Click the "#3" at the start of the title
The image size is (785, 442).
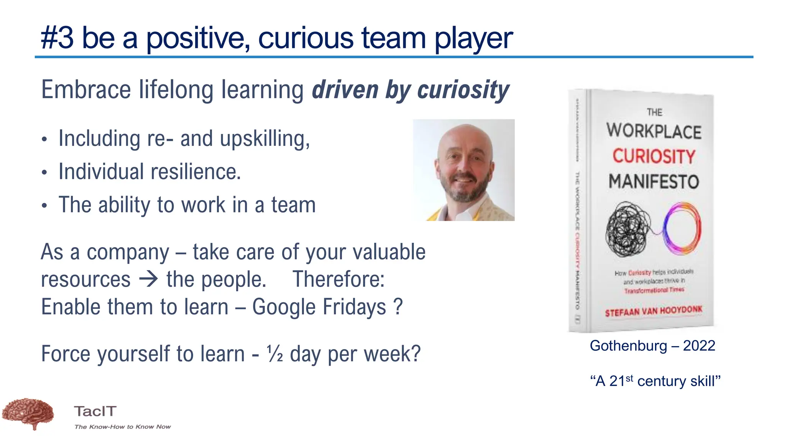(x=57, y=38)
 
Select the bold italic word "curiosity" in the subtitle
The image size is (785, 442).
(x=463, y=91)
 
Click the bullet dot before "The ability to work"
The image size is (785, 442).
(x=45, y=206)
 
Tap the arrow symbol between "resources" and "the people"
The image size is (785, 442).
(x=148, y=279)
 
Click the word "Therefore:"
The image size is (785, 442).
(x=338, y=279)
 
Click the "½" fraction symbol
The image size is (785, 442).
(x=275, y=353)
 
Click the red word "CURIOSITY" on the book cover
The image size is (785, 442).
(x=654, y=156)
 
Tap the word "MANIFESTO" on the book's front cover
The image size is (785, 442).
(x=654, y=181)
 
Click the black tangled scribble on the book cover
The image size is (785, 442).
(x=627, y=229)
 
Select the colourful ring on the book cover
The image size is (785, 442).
(x=682, y=228)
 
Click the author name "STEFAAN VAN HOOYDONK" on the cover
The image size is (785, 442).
(x=654, y=311)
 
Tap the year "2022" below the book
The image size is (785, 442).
(x=699, y=346)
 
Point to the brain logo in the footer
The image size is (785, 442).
(x=28, y=413)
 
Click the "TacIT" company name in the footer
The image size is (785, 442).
(x=95, y=411)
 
